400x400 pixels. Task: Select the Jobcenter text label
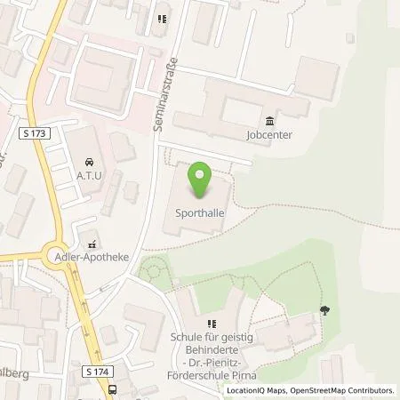(x=270, y=135)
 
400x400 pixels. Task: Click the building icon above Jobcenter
(x=270, y=122)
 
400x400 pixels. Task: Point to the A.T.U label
(x=89, y=175)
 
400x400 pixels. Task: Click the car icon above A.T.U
(x=89, y=163)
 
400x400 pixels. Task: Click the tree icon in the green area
(x=324, y=309)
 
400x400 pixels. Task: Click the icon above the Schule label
(x=212, y=324)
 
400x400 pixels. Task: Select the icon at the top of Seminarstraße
(x=162, y=19)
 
